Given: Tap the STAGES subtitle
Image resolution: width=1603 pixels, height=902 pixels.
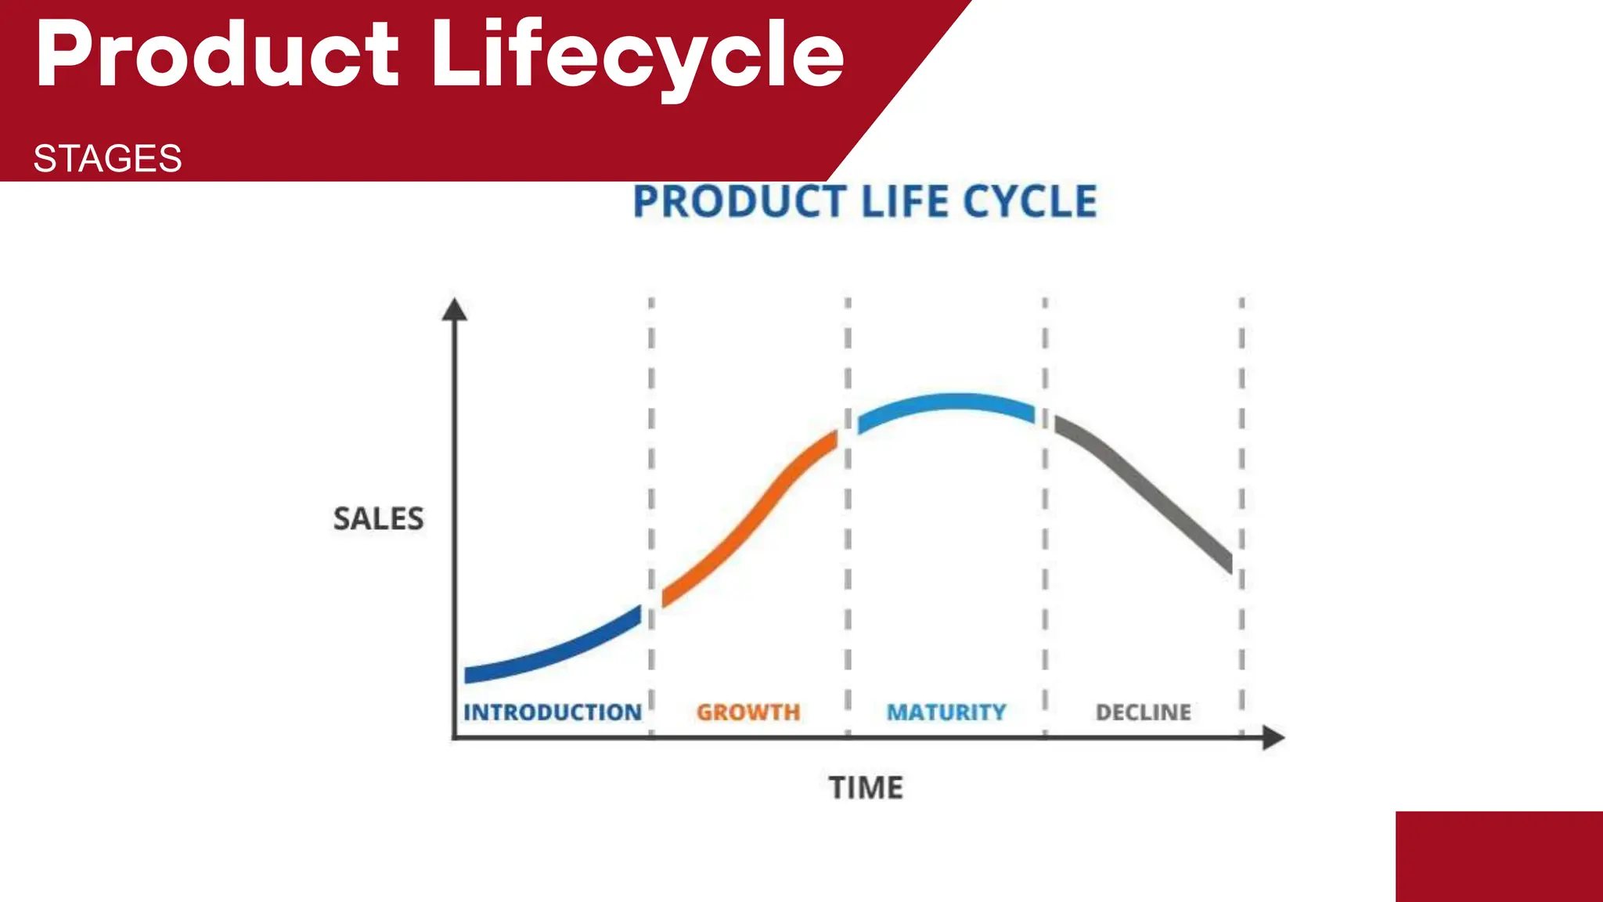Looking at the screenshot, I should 107,159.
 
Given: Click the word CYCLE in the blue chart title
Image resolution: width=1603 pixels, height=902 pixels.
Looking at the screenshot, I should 1029,202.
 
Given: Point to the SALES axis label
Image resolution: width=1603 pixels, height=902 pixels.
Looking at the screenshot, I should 378,519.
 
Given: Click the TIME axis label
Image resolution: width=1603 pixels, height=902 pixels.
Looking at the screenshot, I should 866,788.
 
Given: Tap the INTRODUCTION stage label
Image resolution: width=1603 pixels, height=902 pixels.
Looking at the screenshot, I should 553,713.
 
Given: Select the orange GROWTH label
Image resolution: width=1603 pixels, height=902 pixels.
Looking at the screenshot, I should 748,713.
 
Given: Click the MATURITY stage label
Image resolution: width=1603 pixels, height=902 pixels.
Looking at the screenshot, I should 946,713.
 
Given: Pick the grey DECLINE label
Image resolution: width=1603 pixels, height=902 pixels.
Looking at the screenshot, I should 1144,713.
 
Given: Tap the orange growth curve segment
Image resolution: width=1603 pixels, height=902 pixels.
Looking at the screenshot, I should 751,521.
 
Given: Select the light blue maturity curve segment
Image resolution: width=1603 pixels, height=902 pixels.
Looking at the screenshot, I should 947,403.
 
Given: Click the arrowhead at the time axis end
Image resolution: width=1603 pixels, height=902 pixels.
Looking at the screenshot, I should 1273,738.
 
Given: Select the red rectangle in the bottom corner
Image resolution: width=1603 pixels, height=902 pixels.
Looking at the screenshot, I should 1499,857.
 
